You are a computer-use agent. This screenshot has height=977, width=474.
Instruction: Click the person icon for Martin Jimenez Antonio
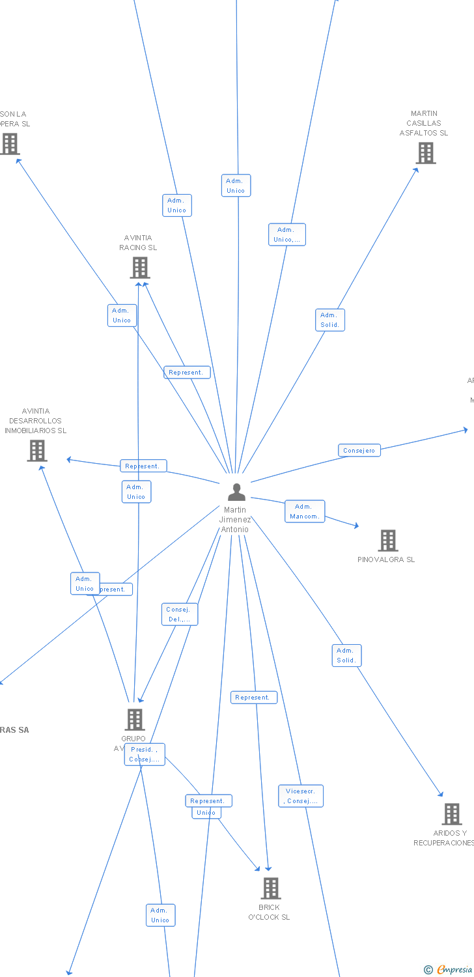pyautogui.click(x=236, y=492)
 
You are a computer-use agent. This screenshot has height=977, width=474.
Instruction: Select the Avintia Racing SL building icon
pyautogui.click(x=139, y=267)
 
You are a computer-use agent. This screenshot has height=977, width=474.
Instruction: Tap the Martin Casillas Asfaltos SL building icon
pyautogui.click(x=425, y=152)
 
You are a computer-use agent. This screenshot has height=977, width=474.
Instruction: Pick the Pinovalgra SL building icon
pyautogui.click(x=387, y=540)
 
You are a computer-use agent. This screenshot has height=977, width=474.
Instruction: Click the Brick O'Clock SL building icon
pyautogui.click(x=270, y=888)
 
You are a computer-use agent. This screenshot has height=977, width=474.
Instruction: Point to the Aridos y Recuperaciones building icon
pyautogui.click(x=451, y=814)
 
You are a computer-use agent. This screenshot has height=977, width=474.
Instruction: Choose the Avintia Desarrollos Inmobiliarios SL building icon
pyautogui.click(x=37, y=450)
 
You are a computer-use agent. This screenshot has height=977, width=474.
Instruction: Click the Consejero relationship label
pyautogui.click(x=359, y=450)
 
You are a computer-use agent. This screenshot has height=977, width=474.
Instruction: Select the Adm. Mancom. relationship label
pyautogui.click(x=304, y=511)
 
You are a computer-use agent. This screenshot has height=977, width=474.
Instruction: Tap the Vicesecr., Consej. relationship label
pyautogui.click(x=301, y=796)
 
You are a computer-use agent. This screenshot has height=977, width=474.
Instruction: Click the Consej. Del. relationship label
pyautogui.click(x=179, y=614)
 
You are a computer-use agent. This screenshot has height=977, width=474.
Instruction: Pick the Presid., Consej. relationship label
pyautogui.click(x=145, y=754)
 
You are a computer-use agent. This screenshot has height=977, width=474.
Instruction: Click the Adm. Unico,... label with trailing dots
pyautogui.click(x=286, y=234)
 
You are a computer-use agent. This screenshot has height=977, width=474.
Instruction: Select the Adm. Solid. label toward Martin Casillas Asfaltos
pyautogui.click(x=330, y=320)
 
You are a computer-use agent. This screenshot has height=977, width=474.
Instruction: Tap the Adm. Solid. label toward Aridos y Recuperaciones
pyautogui.click(x=346, y=655)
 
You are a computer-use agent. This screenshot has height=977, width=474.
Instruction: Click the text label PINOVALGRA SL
pyautogui.click(x=386, y=559)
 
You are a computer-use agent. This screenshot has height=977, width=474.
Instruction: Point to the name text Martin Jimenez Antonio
pyautogui.click(x=235, y=520)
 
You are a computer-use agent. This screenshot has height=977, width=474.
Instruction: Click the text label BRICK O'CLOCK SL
pyautogui.click(x=269, y=912)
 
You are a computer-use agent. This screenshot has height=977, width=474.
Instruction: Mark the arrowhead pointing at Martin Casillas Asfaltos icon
pyautogui.click(x=416, y=170)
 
